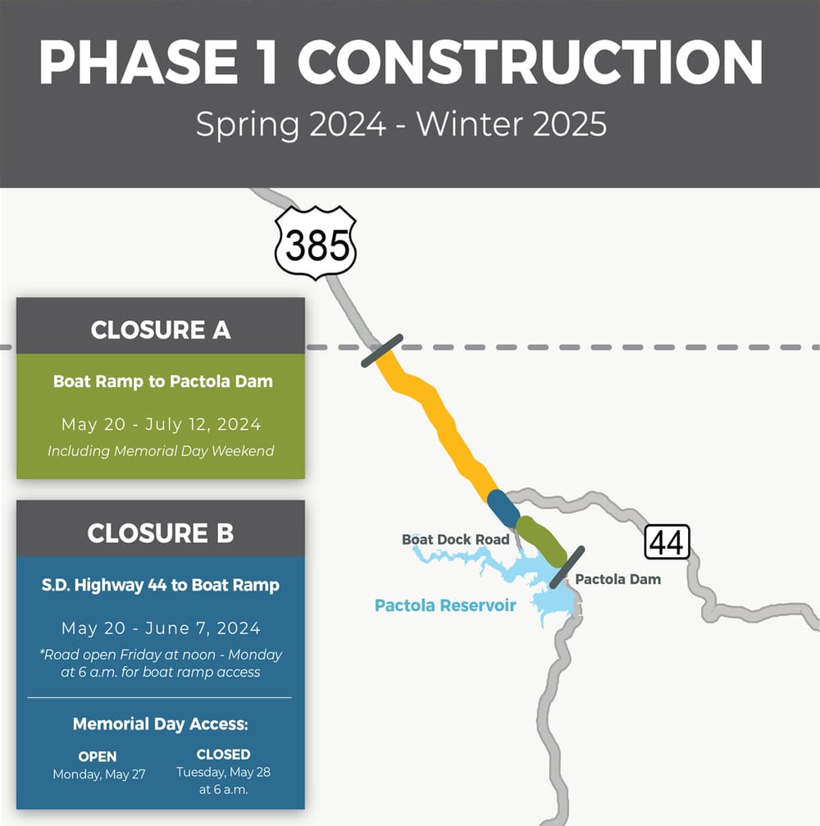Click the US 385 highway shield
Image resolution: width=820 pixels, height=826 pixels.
[x=316, y=244]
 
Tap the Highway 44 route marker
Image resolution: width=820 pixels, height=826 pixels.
[x=667, y=542]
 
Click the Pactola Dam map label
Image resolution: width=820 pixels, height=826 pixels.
[x=617, y=579]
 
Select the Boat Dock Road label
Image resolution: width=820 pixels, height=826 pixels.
[x=455, y=539]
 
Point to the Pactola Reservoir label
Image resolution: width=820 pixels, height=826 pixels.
[x=445, y=605]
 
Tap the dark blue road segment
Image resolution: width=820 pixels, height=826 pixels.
[x=503, y=509]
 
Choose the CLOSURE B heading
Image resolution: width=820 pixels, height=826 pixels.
[x=161, y=532]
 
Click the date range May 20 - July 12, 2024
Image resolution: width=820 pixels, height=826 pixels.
[x=161, y=424]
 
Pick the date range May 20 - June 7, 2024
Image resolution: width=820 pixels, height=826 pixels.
[x=161, y=628]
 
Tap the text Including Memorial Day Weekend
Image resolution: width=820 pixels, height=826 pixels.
[x=161, y=450]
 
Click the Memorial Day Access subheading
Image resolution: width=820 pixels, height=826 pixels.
[x=161, y=723]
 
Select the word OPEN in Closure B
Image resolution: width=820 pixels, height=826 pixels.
[x=98, y=756]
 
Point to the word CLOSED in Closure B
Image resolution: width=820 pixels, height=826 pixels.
[x=224, y=754]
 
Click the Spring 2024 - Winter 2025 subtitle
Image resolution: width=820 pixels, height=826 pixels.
[x=401, y=125]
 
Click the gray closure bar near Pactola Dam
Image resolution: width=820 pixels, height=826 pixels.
[x=567, y=567]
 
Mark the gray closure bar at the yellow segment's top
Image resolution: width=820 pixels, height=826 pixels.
[x=381, y=350]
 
